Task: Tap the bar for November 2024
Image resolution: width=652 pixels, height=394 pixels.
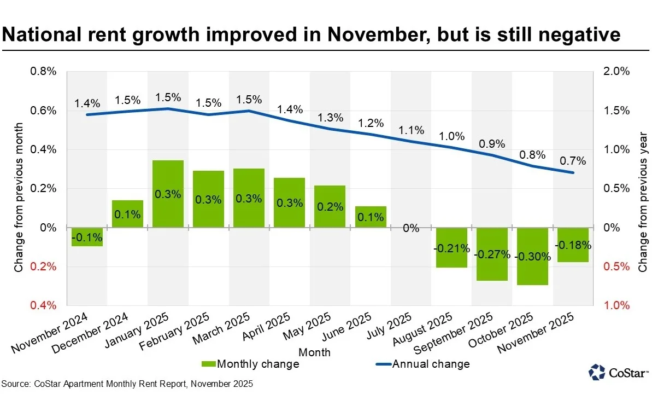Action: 87,237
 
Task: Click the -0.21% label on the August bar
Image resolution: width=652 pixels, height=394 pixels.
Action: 451,248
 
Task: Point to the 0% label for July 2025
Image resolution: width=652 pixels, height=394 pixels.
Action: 411,228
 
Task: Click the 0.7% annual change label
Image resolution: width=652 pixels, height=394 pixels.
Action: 573,161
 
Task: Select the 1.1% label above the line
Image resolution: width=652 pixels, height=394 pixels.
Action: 411,130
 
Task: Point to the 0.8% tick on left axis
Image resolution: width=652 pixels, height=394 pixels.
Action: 43,72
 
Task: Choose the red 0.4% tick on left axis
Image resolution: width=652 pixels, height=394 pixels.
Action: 43,305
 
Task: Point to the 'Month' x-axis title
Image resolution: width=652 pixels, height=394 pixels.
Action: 315,352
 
